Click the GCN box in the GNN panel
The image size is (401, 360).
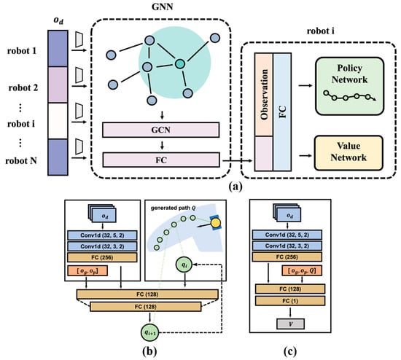coord(160,130)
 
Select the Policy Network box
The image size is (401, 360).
coord(349,86)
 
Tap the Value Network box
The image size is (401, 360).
coord(349,153)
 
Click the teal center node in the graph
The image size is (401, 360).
coord(180,64)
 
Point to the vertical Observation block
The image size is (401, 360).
coord(264,94)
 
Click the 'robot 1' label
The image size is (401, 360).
coord(22,51)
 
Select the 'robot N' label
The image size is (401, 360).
coord(21,161)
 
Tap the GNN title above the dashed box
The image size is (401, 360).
coord(162,7)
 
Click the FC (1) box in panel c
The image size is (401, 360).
coord(290,301)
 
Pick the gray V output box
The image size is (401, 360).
coord(290,324)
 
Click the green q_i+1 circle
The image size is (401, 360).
coord(150,332)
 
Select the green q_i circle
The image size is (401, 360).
coord(184,265)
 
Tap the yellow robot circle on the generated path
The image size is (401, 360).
coord(216,222)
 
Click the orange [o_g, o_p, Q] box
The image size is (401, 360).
coord(302,270)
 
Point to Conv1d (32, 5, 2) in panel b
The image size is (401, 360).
coord(102,235)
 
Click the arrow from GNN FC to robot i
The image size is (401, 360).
coord(238,160)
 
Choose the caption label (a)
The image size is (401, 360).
coord(235,187)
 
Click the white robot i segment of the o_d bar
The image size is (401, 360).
coord(58,121)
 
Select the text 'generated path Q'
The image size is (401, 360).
coord(173,208)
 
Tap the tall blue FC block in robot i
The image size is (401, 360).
coord(282,111)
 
